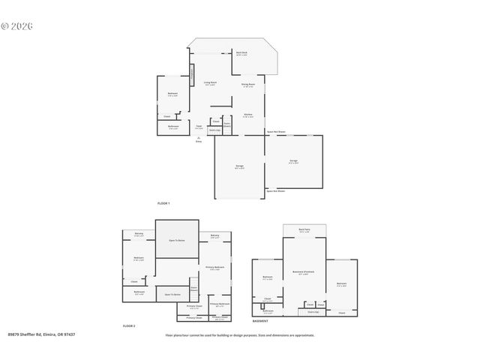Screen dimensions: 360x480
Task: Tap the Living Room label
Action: [x=210, y=83]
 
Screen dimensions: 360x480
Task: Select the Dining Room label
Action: [x=248, y=85]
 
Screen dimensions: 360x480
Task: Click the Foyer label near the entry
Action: [x=199, y=127]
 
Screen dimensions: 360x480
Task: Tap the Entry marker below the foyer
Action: [x=199, y=140]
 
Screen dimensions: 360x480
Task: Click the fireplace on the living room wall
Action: [x=191, y=75]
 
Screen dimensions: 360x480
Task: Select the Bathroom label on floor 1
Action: [x=173, y=127]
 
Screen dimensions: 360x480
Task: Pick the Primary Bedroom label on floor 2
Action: [x=215, y=268]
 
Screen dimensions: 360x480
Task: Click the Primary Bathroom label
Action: [x=220, y=304]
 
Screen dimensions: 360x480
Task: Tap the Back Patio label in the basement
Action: [x=304, y=230]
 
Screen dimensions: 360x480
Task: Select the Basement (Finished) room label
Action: [x=304, y=271]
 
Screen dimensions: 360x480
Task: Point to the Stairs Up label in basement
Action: [x=313, y=312]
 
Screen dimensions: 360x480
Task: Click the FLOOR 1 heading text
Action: [x=163, y=203]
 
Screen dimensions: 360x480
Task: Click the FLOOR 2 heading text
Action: [x=129, y=326]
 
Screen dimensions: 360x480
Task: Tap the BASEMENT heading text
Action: [x=260, y=320]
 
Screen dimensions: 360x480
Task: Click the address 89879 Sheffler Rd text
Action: [x=41, y=334]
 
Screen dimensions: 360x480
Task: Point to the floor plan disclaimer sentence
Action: [x=240, y=335]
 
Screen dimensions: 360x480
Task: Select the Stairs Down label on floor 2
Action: [x=193, y=289]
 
